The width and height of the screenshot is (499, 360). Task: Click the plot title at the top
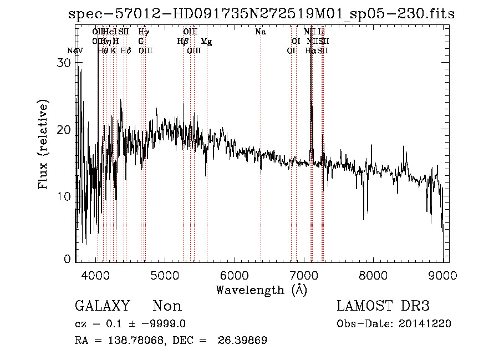click(261, 14)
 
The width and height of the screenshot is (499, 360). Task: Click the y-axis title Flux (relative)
click(43, 145)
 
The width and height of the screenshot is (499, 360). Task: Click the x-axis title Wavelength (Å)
click(261, 290)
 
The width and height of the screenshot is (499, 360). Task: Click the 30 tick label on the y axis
click(65, 63)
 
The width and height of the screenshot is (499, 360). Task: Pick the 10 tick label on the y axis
click(65, 196)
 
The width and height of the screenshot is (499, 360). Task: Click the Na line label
click(261, 32)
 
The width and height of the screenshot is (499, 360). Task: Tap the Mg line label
click(206, 42)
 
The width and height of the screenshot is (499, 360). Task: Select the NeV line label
click(75, 51)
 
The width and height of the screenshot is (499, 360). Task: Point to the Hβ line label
click(182, 42)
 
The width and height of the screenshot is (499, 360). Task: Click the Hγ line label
click(143, 32)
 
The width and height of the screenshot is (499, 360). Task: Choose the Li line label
click(322, 32)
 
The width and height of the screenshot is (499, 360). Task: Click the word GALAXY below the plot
click(103, 306)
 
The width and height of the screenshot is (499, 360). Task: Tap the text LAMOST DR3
click(383, 306)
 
